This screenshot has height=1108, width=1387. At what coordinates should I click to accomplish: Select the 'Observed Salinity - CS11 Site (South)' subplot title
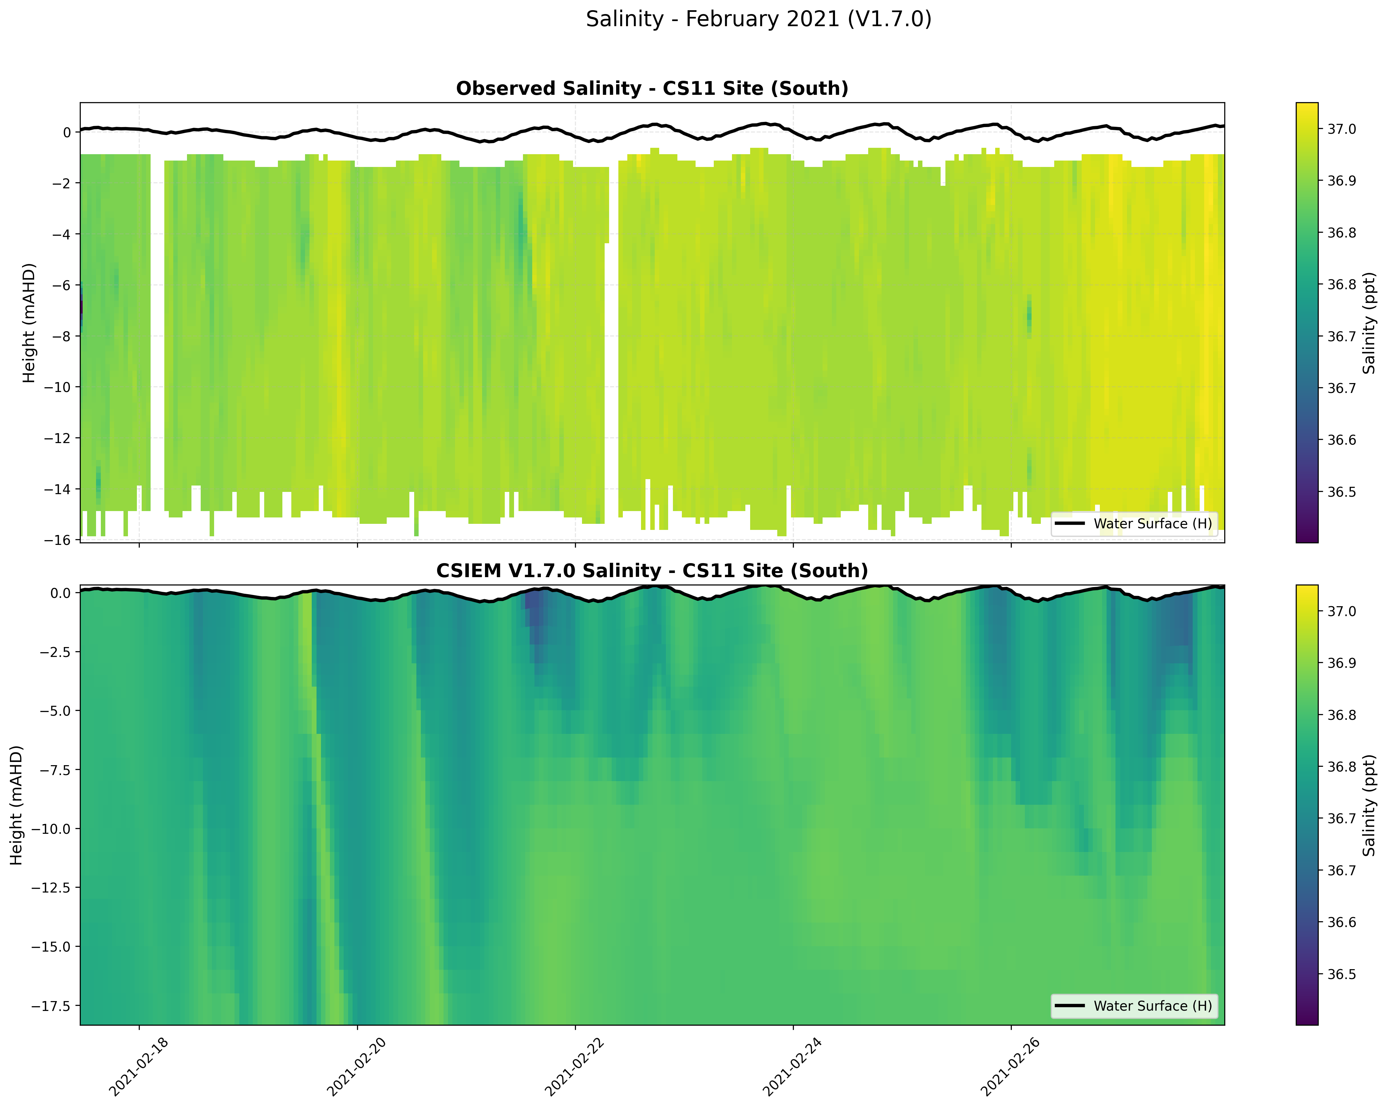(652, 89)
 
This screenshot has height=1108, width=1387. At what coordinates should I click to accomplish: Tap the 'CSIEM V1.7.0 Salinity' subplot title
(652, 571)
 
